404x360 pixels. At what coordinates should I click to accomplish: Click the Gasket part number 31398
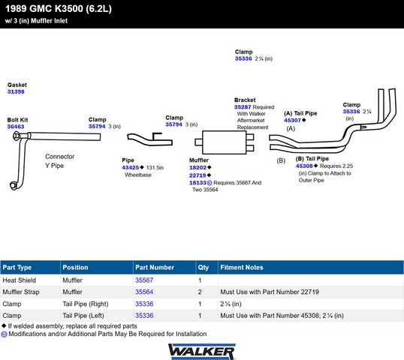pyautogui.click(x=16, y=91)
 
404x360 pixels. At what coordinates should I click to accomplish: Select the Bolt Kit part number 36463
pyautogui.click(x=16, y=127)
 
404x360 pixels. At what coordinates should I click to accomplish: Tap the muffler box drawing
pyautogui.click(x=225, y=142)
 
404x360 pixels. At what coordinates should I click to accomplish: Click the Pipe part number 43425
pyautogui.click(x=131, y=167)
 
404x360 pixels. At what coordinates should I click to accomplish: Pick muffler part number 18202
pyautogui.click(x=198, y=167)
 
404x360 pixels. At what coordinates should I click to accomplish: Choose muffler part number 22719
pyautogui.click(x=197, y=175)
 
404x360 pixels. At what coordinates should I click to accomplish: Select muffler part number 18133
pyautogui.click(x=198, y=183)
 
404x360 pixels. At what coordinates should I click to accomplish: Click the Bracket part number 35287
pyautogui.click(x=243, y=107)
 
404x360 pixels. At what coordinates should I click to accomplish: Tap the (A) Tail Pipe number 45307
pyautogui.click(x=292, y=121)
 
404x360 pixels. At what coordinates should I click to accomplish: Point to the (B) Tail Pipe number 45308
pyautogui.click(x=304, y=166)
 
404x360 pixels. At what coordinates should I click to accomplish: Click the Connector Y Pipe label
pyautogui.click(x=59, y=161)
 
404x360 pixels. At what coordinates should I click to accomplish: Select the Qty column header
pyautogui.click(x=204, y=268)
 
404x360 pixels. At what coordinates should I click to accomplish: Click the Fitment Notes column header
pyautogui.click(x=242, y=268)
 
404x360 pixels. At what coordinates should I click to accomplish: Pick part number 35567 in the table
pyautogui.click(x=144, y=280)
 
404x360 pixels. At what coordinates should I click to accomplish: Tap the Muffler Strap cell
pyautogui.click(x=21, y=292)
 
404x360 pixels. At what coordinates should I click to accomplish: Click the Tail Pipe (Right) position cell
pyautogui.click(x=86, y=304)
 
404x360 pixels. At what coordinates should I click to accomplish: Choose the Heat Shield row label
pyautogui.click(x=20, y=280)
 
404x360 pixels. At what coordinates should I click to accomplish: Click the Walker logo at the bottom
pyautogui.click(x=202, y=352)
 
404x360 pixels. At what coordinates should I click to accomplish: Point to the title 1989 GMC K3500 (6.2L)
pyautogui.click(x=59, y=9)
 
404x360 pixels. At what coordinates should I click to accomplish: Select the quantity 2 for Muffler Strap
pyautogui.click(x=200, y=292)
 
